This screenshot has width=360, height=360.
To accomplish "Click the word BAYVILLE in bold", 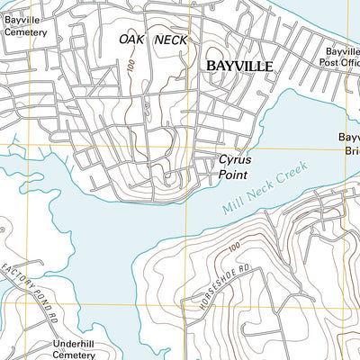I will pyautogui.click(x=238, y=67).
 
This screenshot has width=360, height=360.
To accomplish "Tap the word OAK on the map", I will pyautogui.click(x=133, y=40).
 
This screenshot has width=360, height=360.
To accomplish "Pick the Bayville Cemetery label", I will pyautogui.click(x=24, y=24).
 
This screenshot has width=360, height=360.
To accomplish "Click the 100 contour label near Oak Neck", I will pyautogui.click(x=132, y=69).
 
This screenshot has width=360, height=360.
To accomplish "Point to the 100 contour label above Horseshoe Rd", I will pyautogui.click(x=236, y=247).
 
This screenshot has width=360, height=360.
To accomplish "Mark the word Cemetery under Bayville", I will pyautogui.click(x=24, y=31).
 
